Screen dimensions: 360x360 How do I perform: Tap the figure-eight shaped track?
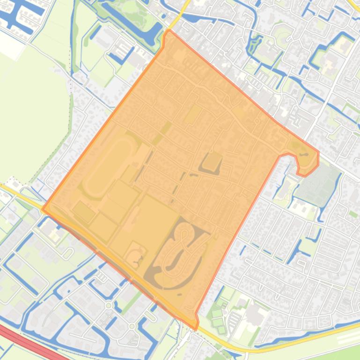point(180,252)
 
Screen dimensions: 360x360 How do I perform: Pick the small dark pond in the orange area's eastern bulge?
point(304,154)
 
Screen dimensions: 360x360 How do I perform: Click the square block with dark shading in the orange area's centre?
point(212,163)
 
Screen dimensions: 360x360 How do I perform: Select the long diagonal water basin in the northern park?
point(126,21)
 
